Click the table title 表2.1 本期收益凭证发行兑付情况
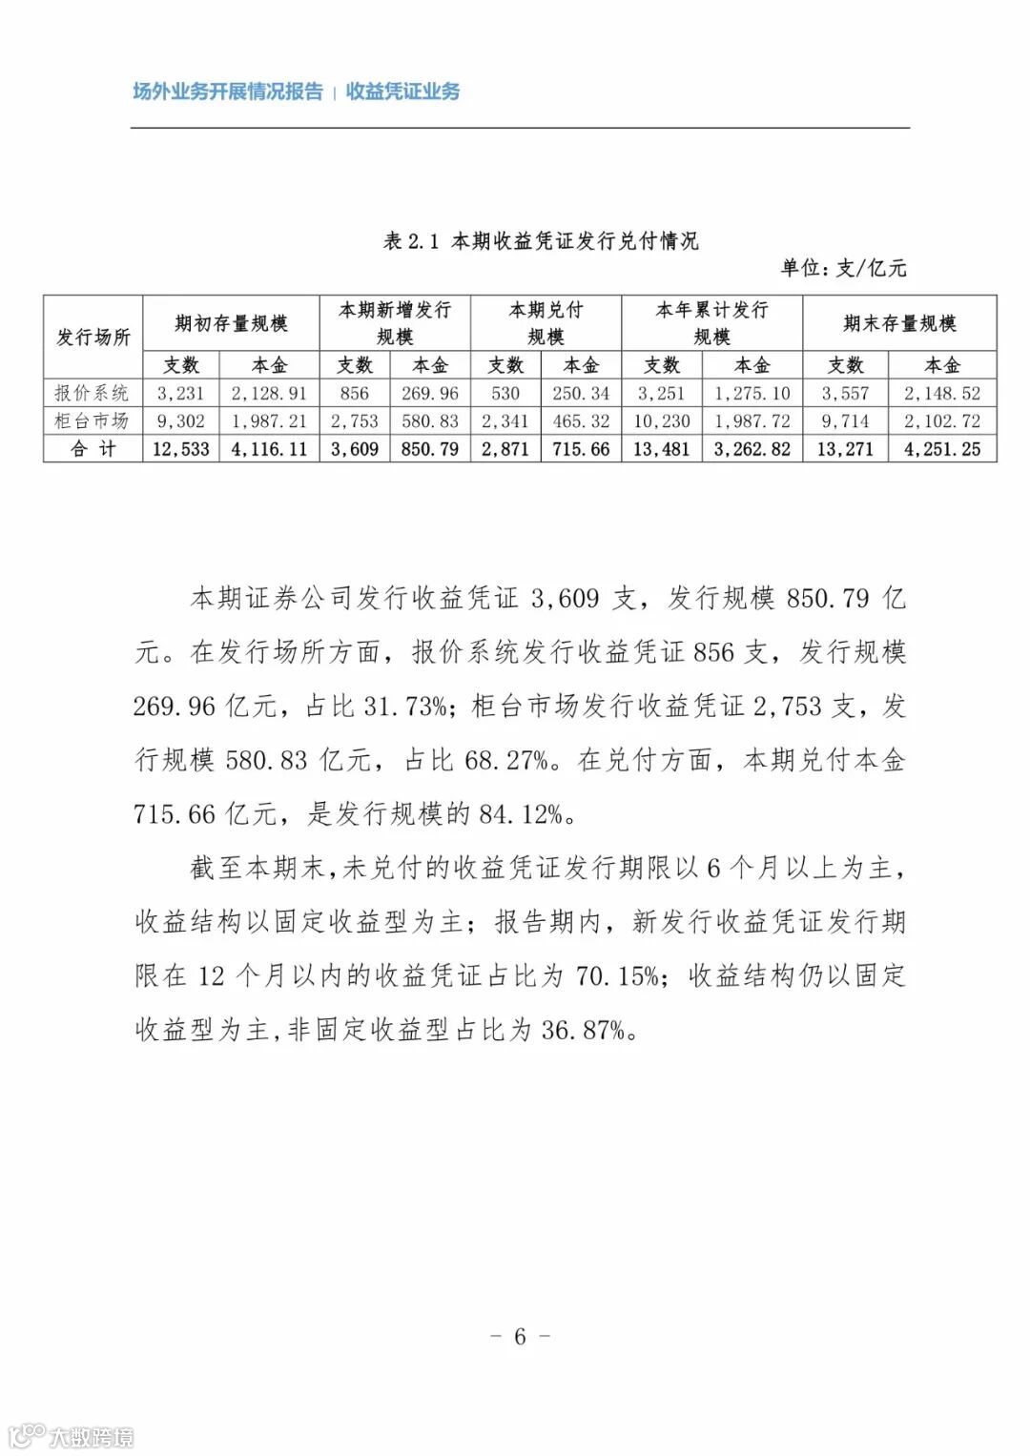pyautogui.click(x=541, y=241)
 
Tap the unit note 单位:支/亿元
pyautogui.click(x=843, y=268)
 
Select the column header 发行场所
pyautogui.click(x=93, y=337)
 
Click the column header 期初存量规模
pyautogui.click(x=231, y=323)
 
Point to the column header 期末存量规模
pyautogui.click(x=898, y=323)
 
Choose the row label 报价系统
pyautogui.click(x=93, y=393)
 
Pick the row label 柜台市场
pyautogui.click(x=93, y=420)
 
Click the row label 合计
pyautogui.click(x=93, y=449)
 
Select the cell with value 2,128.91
pyautogui.click(x=270, y=393)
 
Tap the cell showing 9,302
pyautogui.click(x=180, y=420)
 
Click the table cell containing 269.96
pyautogui.click(x=429, y=393)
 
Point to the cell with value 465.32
pyautogui.click(x=581, y=420)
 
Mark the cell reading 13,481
pyautogui.click(x=661, y=449)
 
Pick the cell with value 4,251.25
pyautogui.click(x=941, y=449)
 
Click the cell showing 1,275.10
pyautogui.click(x=752, y=393)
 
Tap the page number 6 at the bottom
pyautogui.click(x=520, y=1336)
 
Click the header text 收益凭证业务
pyautogui.click(x=402, y=92)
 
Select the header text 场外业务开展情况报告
pyautogui.click(x=227, y=92)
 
